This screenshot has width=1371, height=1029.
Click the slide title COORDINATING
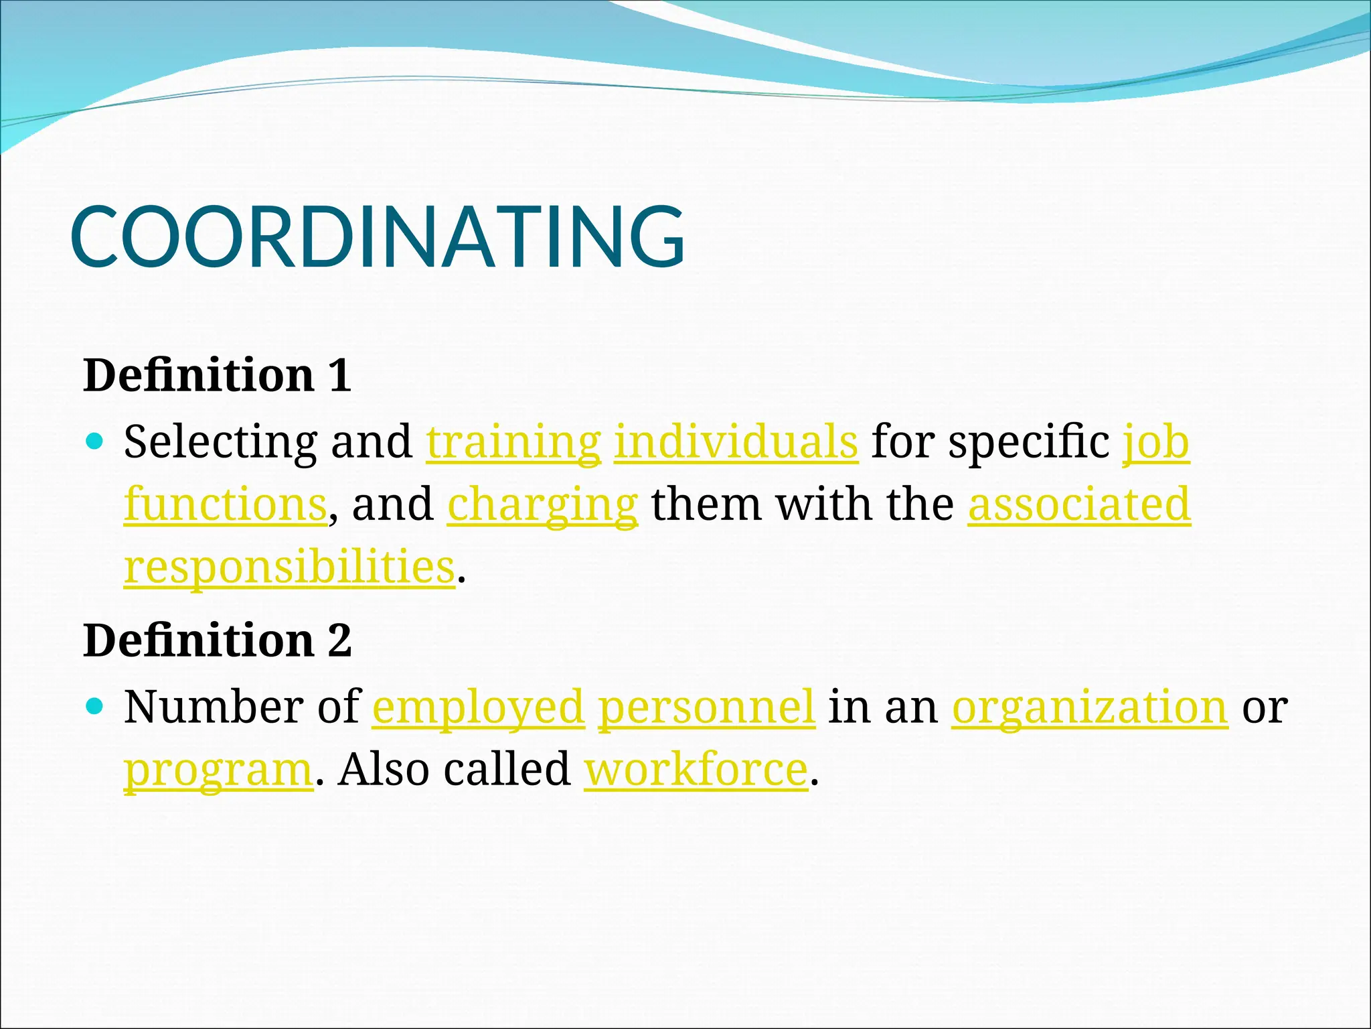(377, 237)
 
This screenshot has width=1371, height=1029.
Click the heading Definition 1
(217, 375)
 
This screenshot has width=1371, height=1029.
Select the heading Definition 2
(217, 640)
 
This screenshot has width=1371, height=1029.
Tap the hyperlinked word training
(513, 442)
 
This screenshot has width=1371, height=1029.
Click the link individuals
(736, 442)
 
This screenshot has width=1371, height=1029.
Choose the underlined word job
(1156, 442)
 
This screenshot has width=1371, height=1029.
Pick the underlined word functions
(226, 504)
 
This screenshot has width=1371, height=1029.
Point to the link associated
(1079, 504)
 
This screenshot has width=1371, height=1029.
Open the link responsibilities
(290, 567)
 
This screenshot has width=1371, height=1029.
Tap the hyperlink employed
(478, 707)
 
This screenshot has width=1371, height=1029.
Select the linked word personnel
(706, 707)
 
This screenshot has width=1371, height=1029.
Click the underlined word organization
(1090, 707)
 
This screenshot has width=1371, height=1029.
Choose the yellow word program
(218, 770)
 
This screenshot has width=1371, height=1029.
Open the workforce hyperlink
(696, 769)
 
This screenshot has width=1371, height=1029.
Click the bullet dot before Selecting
(96, 441)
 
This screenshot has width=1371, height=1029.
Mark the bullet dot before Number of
(96, 705)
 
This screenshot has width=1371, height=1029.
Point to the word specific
(1029, 442)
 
